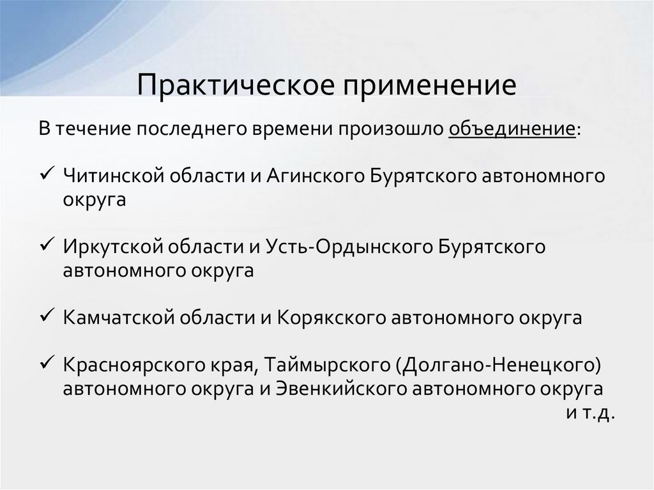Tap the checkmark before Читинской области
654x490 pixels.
pyautogui.click(x=49, y=174)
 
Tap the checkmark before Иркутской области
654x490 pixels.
pyautogui.click(x=49, y=246)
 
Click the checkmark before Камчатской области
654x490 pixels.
pyautogui.click(x=49, y=317)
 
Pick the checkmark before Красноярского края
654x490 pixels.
pyautogui.click(x=49, y=365)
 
